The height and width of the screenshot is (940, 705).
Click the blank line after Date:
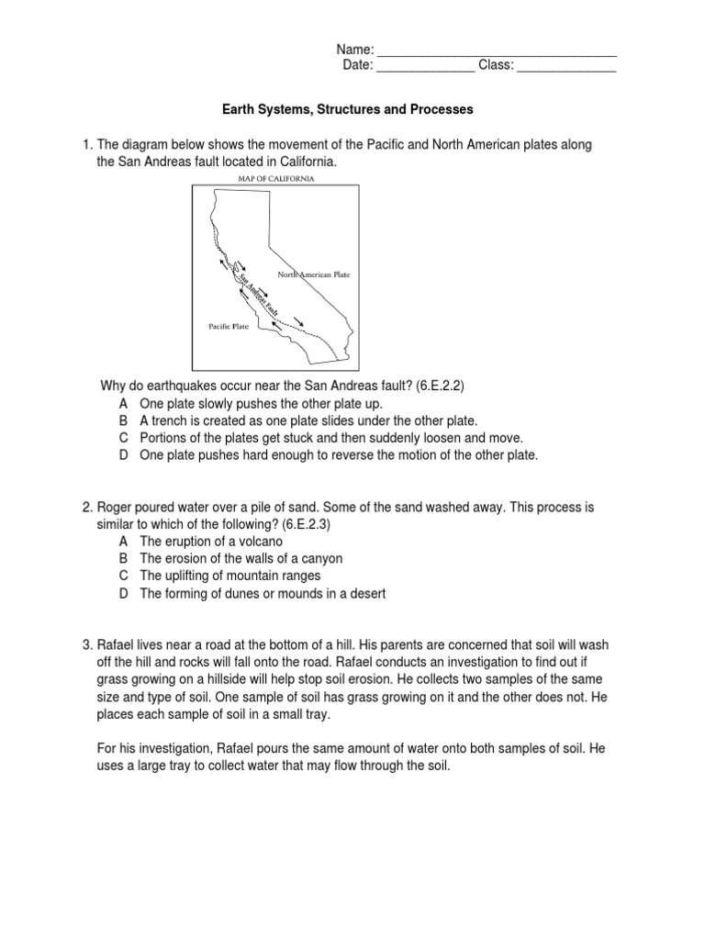pos(425,68)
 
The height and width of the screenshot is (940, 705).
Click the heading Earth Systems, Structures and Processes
pos(348,109)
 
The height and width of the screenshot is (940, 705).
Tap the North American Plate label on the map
pos(314,274)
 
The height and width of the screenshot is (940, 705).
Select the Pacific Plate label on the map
pos(228,326)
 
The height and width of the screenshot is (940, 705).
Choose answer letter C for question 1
pos(123,438)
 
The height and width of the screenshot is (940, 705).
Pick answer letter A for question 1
pos(123,404)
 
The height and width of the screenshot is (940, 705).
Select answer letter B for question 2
pos(123,558)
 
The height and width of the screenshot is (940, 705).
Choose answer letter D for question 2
pos(123,593)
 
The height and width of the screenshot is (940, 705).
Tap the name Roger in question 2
pos(116,506)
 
